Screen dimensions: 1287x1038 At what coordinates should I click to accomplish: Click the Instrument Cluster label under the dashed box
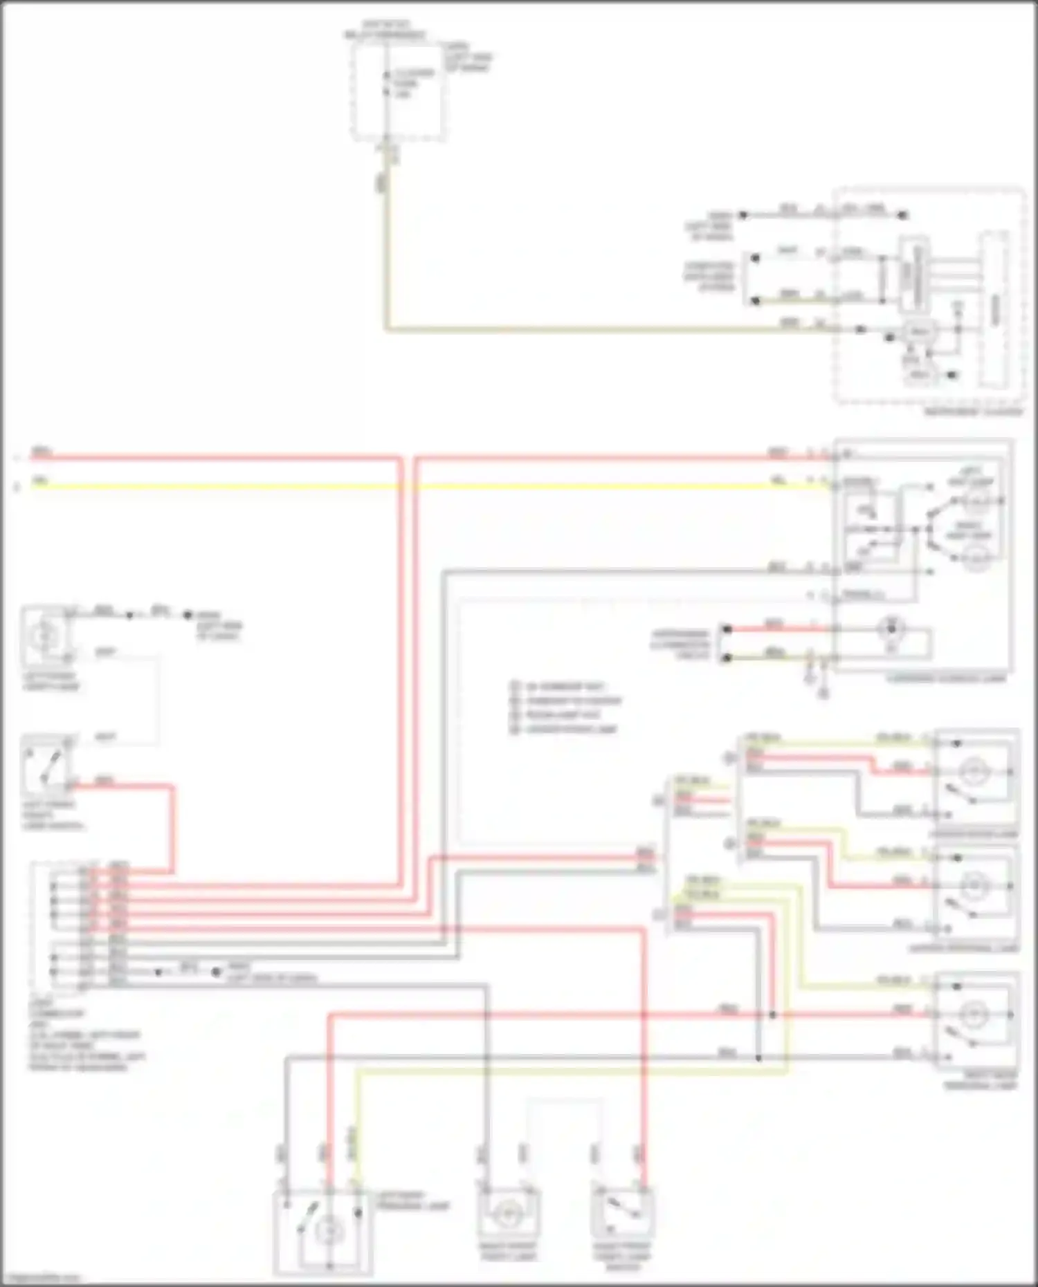coord(972,411)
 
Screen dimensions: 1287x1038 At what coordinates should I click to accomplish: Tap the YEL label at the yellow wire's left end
coord(40,479)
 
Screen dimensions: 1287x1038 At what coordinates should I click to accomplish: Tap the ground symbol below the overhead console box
coord(823,693)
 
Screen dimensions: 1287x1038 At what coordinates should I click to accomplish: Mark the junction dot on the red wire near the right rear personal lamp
coord(773,1015)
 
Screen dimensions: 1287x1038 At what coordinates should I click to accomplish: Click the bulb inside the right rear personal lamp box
coord(976,1015)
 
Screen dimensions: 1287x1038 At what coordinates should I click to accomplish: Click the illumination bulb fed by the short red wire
coord(891,629)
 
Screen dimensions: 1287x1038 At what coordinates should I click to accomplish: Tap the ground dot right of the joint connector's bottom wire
coord(216,972)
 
